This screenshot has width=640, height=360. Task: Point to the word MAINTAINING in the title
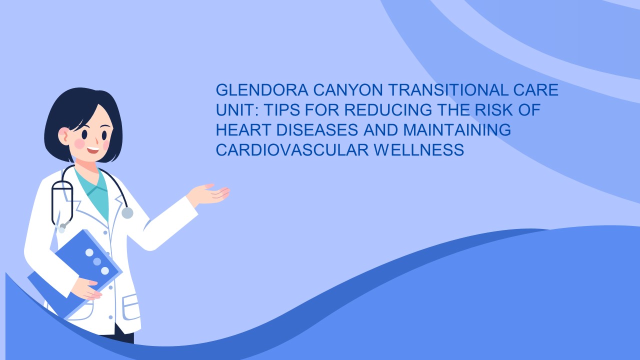point(457,129)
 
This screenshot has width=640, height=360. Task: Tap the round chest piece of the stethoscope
point(127,212)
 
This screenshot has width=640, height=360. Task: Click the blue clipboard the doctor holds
point(75,272)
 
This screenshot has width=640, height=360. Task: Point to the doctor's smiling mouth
point(93,149)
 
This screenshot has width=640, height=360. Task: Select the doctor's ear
point(64,135)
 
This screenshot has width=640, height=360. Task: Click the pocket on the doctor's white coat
point(131,306)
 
